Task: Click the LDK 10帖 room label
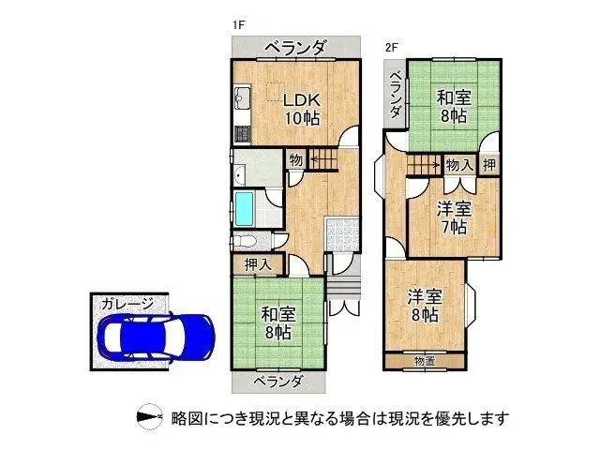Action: click(x=302, y=109)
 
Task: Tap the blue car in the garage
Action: click(x=156, y=335)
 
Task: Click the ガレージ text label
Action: click(x=128, y=304)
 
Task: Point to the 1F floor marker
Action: click(x=239, y=25)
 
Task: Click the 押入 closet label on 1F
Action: click(x=257, y=264)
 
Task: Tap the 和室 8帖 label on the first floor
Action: click(x=276, y=323)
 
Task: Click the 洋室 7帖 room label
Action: click(x=453, y=217)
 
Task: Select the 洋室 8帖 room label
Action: click(x=424, y=306)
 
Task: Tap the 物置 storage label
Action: click(x=425, y=360)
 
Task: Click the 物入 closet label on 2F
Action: click(x=458, y=165)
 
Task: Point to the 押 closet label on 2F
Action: click(x=489, y=165)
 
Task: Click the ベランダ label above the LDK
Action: click(x=294, y=46)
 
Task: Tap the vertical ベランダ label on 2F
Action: click(x=395, y=94)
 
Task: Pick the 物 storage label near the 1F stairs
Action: click(x=295, y=160)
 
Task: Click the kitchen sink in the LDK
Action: click(x=241, y=97)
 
